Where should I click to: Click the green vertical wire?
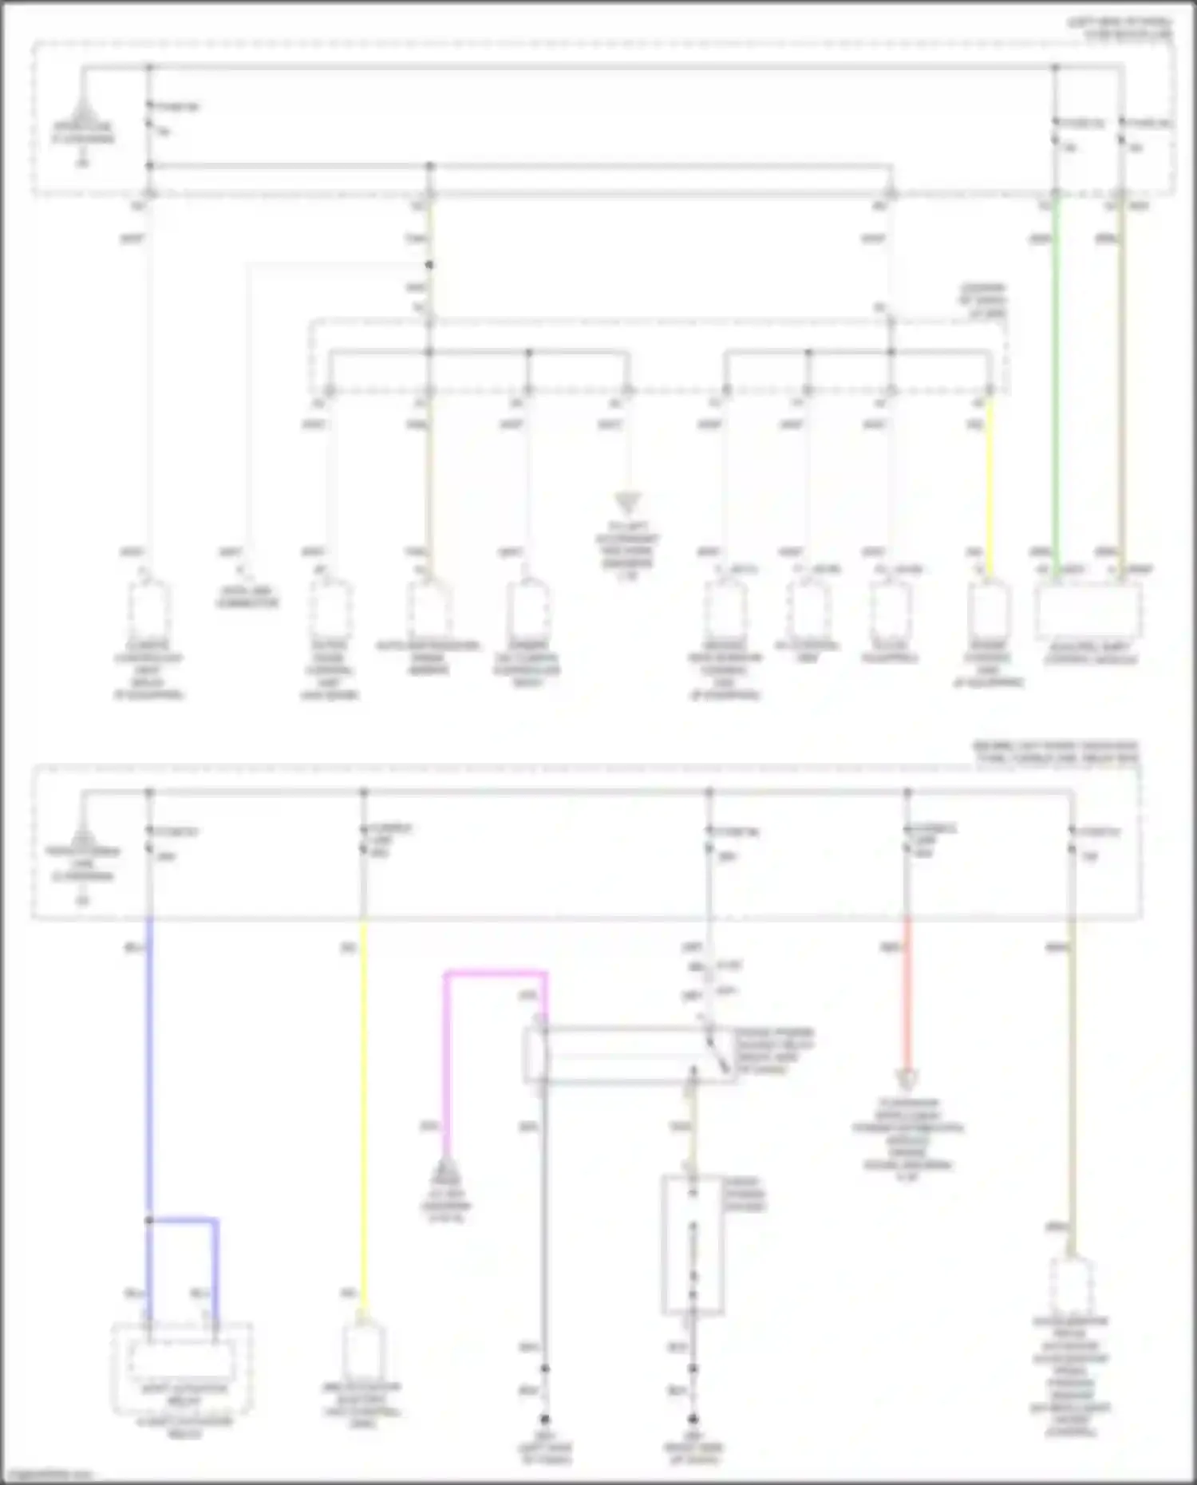1055,383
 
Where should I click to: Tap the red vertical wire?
907,997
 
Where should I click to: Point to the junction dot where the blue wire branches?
149,1220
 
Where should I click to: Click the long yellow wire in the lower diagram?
364,1117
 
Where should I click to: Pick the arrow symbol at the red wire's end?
907,1079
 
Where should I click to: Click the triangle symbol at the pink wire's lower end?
446,1174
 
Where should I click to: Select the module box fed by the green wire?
1088,610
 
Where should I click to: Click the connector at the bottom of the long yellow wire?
364,1352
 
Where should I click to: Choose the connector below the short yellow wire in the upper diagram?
989,610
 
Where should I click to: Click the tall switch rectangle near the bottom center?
693,1244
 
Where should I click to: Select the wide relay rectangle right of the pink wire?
630,1054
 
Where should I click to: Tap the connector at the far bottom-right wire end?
1071,1284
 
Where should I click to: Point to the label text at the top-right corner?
1120,28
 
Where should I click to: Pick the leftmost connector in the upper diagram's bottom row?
148,610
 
